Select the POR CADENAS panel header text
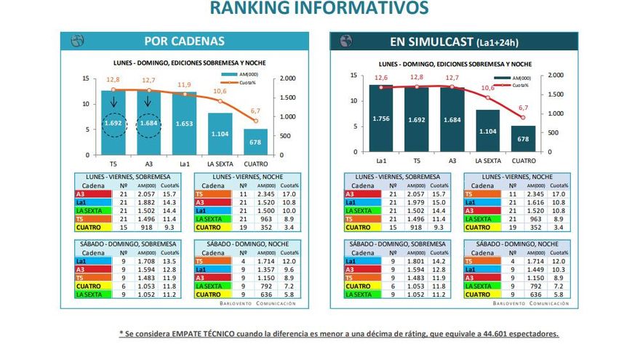(x=184, y=41)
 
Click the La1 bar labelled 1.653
(x=185, y=124)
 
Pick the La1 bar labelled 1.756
(x=381, y=119)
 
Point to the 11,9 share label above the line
(x=185, y=85)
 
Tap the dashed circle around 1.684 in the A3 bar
(x=149, y=123)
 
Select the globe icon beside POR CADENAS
(x=77, y=41)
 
